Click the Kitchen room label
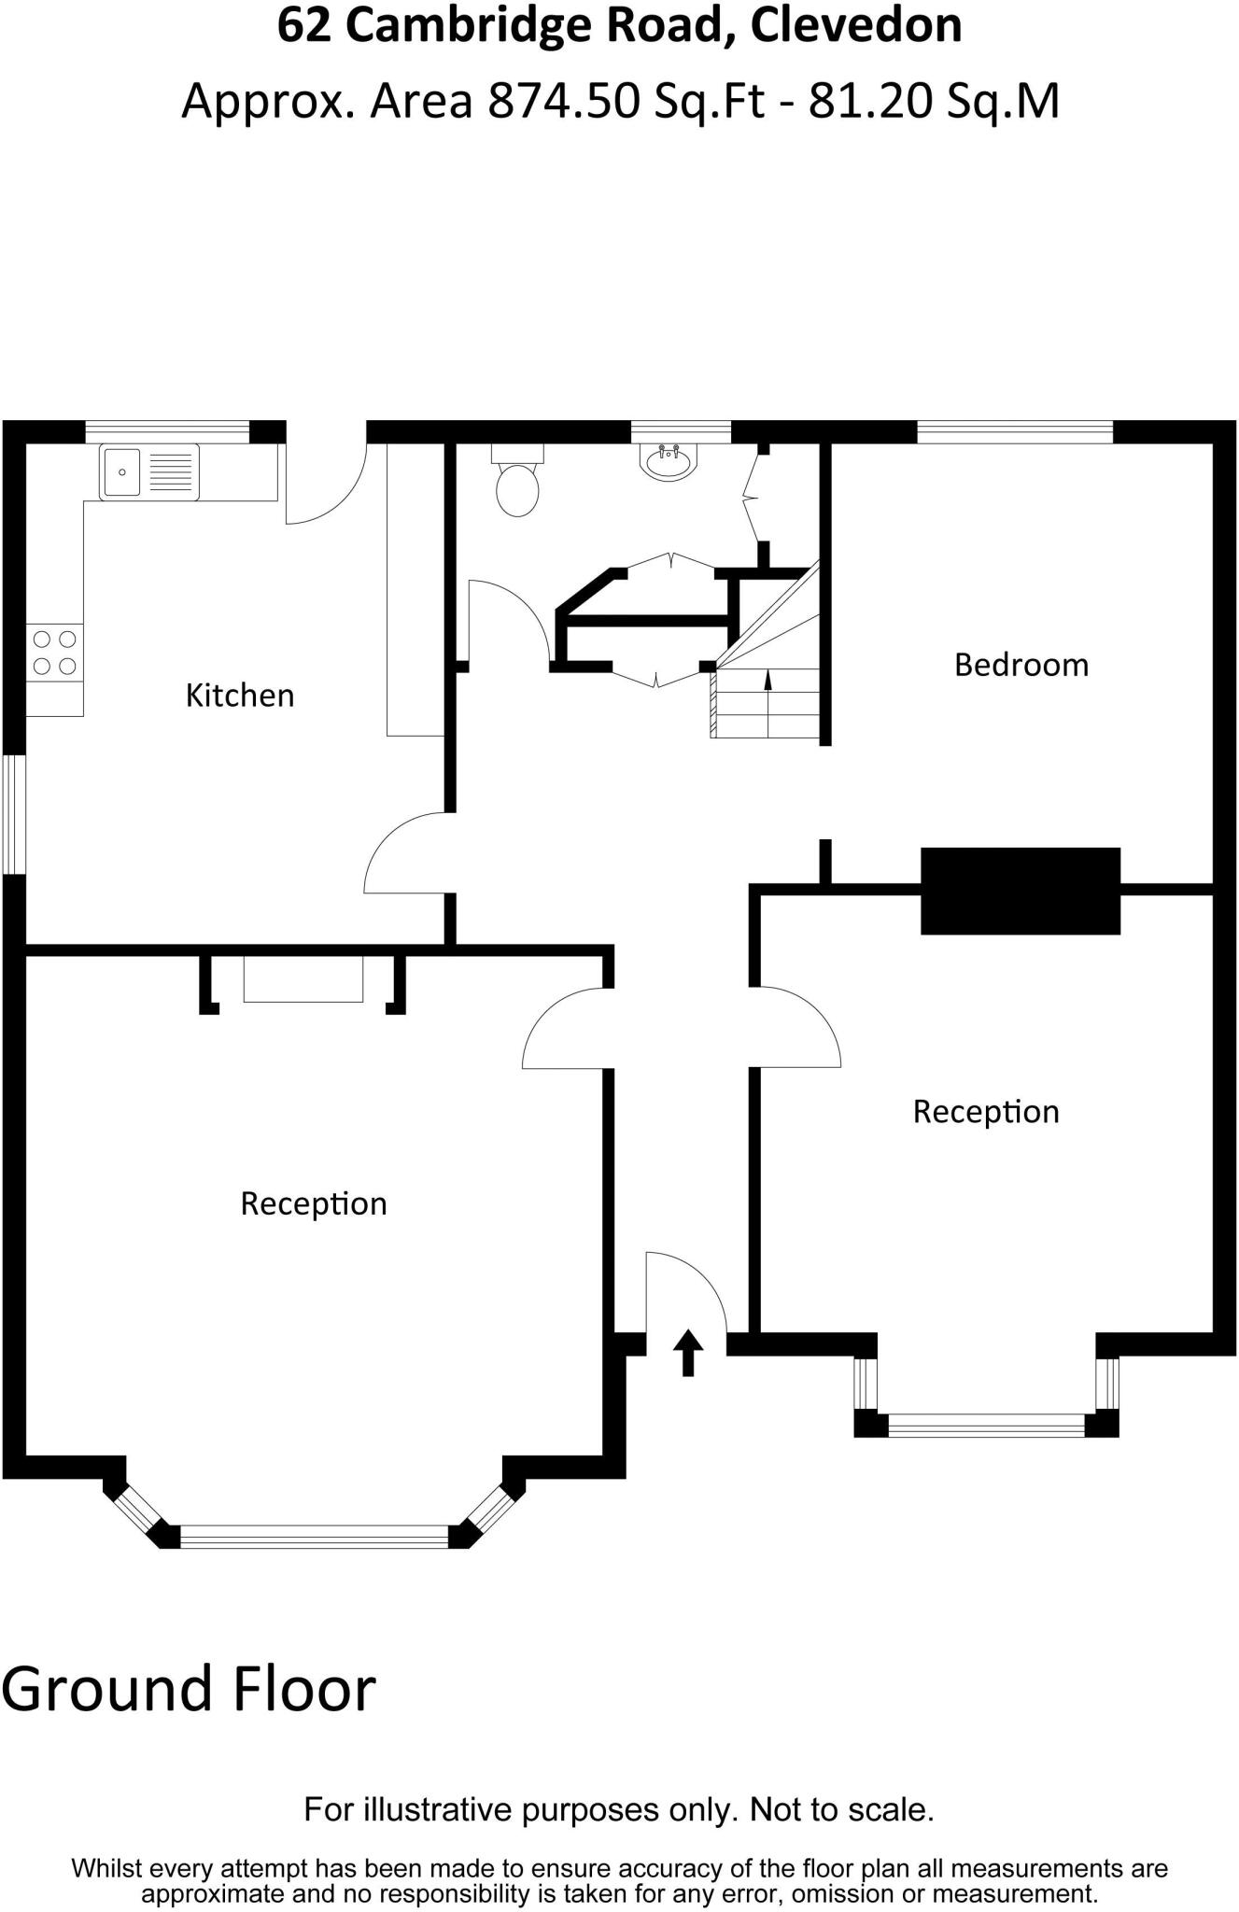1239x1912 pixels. click(240, 696)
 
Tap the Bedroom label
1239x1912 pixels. click(1021, 665)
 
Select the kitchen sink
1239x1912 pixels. click(149, 471)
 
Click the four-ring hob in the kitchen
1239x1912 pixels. click(54, 653)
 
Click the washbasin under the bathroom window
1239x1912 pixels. click(669, 461)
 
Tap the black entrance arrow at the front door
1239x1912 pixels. click(688, 1353)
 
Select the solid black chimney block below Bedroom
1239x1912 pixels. click(1020, 891)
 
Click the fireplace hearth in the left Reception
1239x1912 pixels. click(303, 979)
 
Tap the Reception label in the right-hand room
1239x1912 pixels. click(986, 1112)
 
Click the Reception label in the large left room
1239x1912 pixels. click(314, 1203)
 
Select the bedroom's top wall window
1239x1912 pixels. click(1015, 432)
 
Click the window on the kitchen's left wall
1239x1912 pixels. click(13, 814)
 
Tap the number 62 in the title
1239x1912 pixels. click(304, 25)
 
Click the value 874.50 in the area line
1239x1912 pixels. click(565, 101)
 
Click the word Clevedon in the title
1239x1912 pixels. click(855, 25)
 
